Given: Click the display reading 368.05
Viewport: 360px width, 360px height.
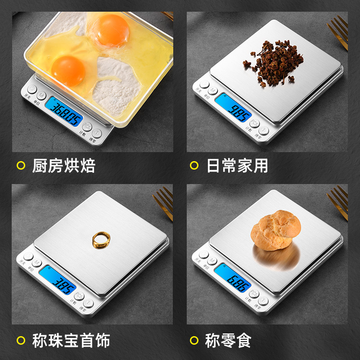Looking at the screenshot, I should coord(66,109).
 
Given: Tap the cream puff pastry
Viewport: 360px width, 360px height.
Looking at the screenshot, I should coord(272,230).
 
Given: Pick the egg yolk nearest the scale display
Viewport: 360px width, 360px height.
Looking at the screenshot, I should coord(68,70).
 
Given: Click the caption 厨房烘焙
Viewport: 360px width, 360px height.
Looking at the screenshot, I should coord(63,166).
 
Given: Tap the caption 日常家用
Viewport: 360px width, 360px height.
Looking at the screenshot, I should coord(237,166).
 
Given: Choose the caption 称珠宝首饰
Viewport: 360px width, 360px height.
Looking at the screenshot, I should coord(71,341).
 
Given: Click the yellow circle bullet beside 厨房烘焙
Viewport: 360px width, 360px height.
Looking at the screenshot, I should coord(21,166).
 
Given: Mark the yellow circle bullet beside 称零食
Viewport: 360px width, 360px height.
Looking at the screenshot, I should coord(194,341).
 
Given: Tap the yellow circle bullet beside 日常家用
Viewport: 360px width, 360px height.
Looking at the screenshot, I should coord(194,166).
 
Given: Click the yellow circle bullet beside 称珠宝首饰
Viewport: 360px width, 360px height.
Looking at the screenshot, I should coord(21,341).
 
